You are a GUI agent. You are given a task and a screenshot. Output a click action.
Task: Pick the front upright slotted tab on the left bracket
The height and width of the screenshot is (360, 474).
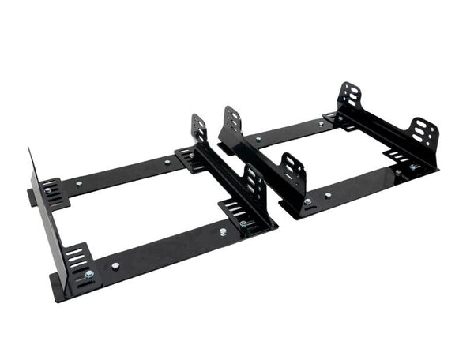click(x=254, y=182)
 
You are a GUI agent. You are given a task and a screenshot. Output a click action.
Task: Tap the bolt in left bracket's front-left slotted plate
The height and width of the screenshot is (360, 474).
click(x=88, y=274)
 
